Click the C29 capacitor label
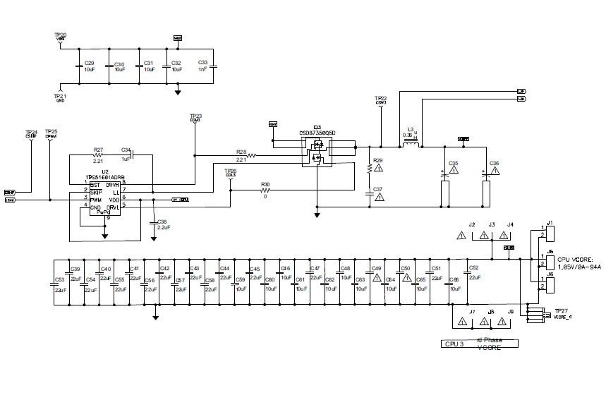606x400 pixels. tap(89, 63)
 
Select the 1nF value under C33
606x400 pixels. tap(202, 70)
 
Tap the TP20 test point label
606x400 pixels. tap(60, 35)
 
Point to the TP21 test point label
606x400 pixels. tap(60, 95)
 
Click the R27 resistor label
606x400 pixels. tap(98, 150)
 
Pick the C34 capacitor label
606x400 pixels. tap(126, 150)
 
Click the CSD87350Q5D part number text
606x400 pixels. tap(317, 132)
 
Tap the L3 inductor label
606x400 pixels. tap(410, 129)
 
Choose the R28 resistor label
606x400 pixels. tap(241, 152)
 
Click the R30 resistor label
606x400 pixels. tap(265, 184)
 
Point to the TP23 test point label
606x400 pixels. tap(195, 116)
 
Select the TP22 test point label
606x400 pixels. tap(380, 98)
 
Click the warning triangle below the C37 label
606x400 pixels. tap(379, 198)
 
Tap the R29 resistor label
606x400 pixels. tap(377, 161)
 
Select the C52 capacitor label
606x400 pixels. tap(473, 268)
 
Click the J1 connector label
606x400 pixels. tap(550, 222)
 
